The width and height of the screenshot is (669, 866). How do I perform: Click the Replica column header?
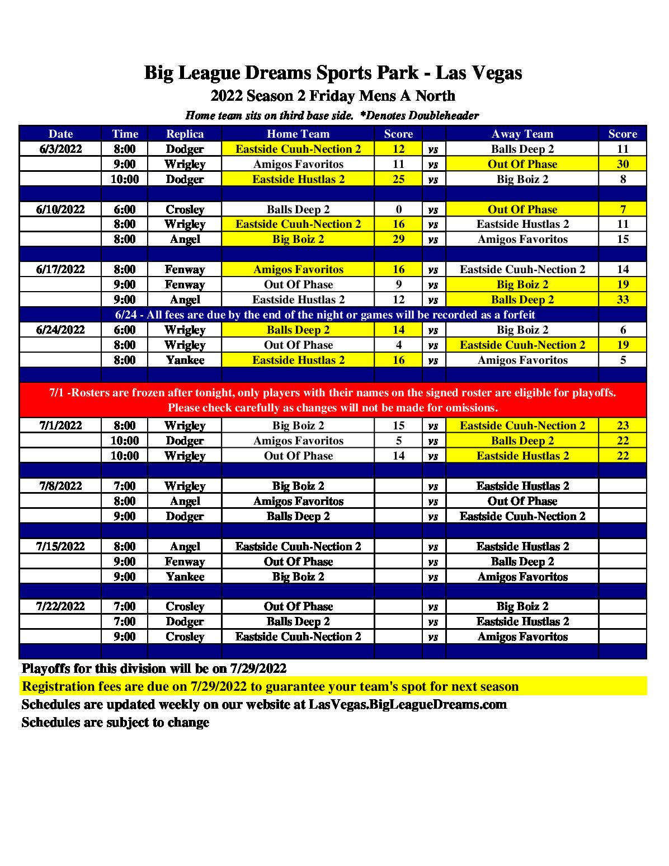coord(185,134)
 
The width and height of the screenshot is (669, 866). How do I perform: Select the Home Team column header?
coord(298,134)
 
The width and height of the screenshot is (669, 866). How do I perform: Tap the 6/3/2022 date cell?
coord(60,149)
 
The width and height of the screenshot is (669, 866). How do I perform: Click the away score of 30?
coord(623,164)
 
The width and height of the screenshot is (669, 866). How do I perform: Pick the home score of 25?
coord(398,179)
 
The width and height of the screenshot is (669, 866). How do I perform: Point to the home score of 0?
coord(398,209)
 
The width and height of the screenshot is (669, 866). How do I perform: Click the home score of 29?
coord(398,239)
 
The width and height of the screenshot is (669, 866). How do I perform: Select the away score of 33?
coord(623,299)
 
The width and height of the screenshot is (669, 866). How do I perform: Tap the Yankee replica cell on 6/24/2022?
coord(185,360)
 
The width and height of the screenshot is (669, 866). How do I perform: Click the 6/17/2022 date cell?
coord(60,269)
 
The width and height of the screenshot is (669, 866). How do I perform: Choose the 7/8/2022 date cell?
coord(60,486)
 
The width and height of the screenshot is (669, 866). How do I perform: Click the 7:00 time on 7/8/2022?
coord(124,486)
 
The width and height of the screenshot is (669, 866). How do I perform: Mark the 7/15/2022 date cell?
coord(60,546)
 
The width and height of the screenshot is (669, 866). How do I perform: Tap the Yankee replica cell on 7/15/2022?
coord(185,577)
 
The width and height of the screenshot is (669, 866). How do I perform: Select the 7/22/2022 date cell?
coord(60,606)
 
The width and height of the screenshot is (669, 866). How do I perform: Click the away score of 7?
coord(623,209)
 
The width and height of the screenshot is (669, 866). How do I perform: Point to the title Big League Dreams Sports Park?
coord(333,73)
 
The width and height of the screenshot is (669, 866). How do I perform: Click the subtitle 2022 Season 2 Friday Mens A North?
coord(333,96)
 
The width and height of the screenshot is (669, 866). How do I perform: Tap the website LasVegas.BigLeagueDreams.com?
coord(407,704)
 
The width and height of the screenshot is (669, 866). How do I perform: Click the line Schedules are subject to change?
coord(115,722)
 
